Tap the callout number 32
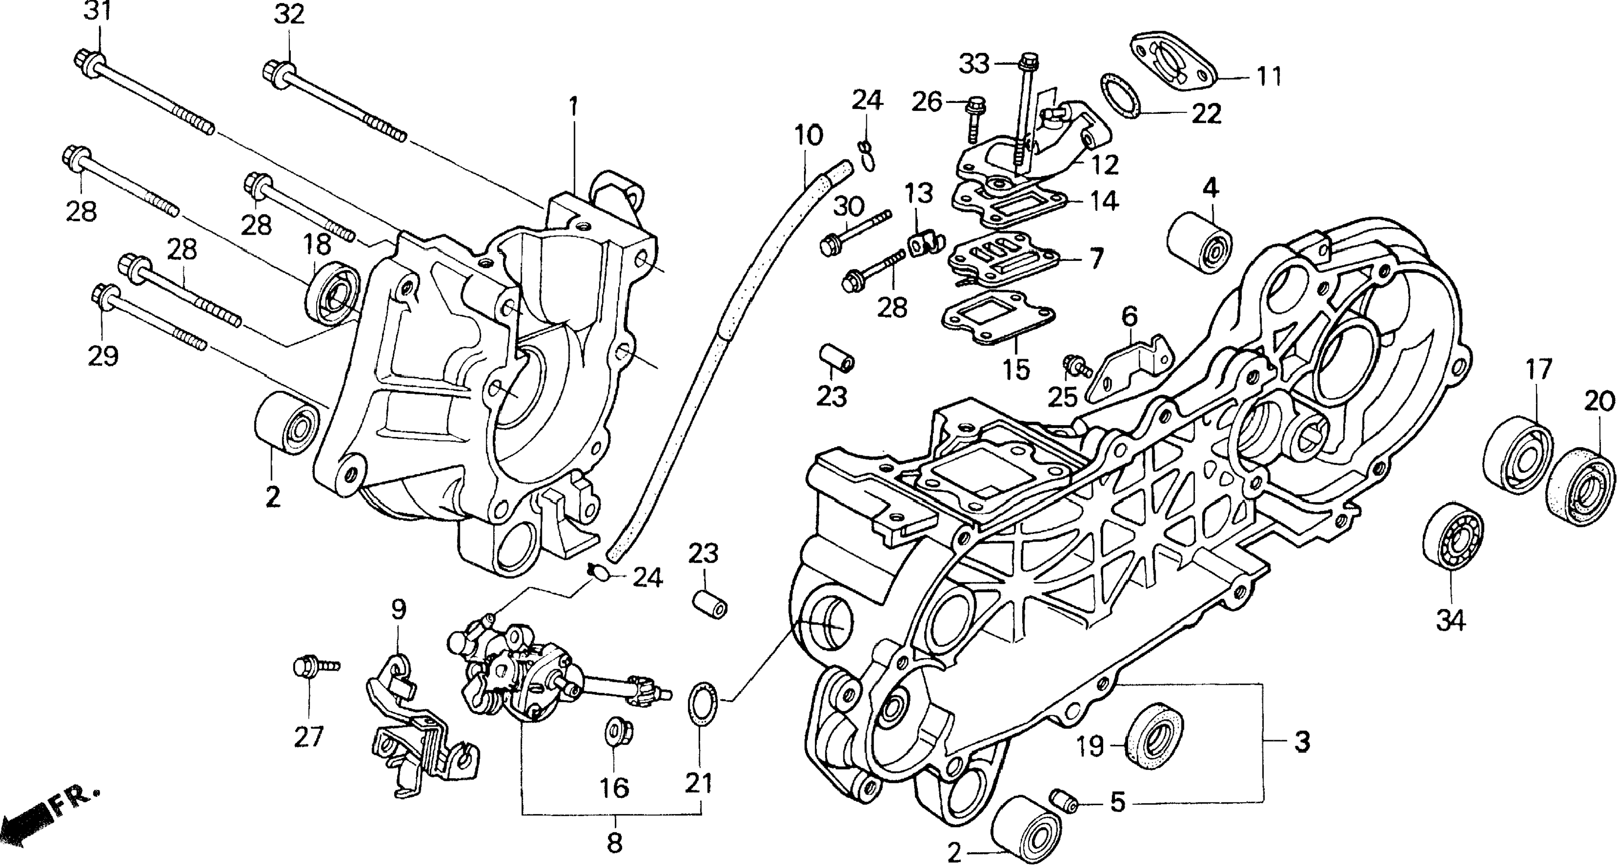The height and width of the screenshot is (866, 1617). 289,15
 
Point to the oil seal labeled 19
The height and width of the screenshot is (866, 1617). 1155,735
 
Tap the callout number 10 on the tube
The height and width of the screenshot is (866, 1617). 808,136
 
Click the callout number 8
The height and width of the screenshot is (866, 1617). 615,843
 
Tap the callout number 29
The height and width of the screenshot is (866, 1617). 103,357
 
